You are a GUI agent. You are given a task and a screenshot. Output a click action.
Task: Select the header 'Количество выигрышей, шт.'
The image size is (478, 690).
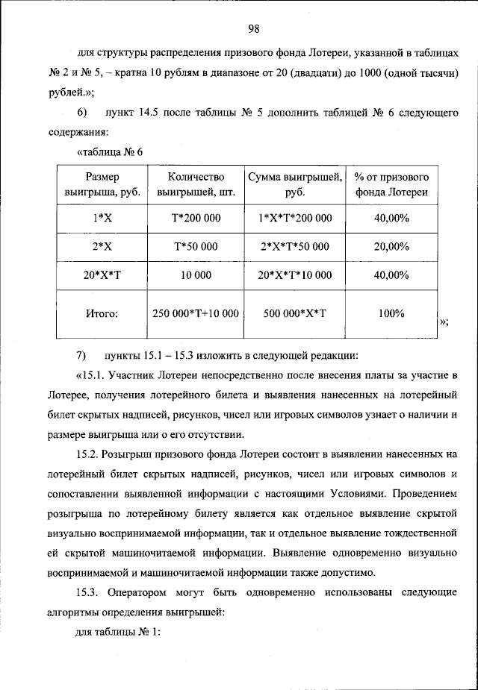[196, 184]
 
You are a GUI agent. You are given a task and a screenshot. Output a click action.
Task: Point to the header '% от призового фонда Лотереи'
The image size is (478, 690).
[391, 184]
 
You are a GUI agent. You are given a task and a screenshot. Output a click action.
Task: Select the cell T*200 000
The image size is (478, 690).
[196, 218]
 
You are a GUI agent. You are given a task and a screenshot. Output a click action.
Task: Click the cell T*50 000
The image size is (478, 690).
[196, 246]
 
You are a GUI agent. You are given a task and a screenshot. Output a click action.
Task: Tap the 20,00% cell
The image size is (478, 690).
[391, 246]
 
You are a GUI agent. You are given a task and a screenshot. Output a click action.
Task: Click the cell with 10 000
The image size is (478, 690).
[196, 275]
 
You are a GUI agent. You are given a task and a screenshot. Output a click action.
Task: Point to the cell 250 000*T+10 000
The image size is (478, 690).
[196, 314]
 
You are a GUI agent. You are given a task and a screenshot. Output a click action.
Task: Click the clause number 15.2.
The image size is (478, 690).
[89, 454]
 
